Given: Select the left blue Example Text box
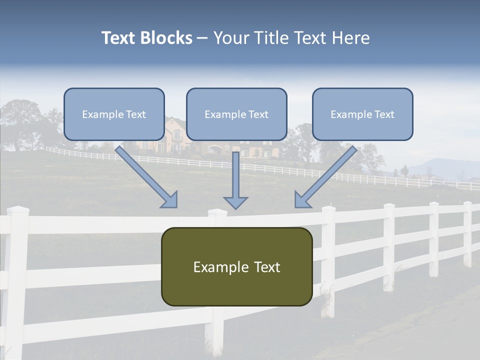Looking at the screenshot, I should point(114,114).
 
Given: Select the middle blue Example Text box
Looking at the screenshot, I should point(236,114).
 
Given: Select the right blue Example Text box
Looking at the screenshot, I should point(362,114).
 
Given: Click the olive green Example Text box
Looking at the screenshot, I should point(236,266).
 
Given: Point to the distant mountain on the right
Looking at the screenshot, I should point(440,167).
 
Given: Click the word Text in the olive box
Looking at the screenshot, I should point(265,267).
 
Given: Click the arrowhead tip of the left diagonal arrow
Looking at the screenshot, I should point(175,206).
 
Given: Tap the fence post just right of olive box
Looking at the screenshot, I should point(328,260).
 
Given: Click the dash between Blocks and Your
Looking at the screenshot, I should point(202,38).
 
